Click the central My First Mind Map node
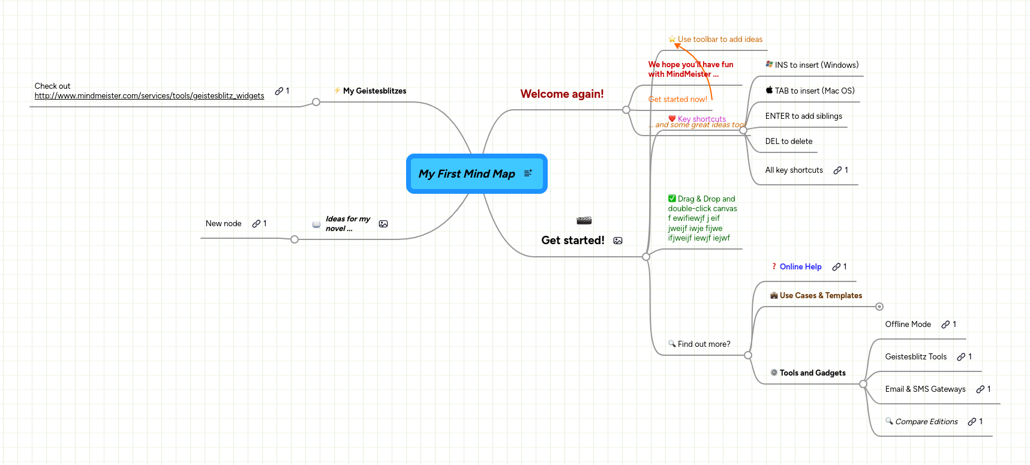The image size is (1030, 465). point(467,174)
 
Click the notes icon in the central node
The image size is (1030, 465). point(528,173)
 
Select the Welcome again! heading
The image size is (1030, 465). point(561,94)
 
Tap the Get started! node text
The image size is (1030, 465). point(572,241)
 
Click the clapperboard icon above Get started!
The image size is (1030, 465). point(584,221)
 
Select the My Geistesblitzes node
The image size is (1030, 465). point(374,91)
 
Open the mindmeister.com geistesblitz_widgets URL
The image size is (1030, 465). point(149,96)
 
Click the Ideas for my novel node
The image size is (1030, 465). point(347,224)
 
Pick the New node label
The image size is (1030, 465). point(223,224)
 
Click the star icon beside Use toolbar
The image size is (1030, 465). point(672,40)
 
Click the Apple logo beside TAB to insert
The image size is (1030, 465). point(769,91)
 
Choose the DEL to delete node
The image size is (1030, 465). point(788,142)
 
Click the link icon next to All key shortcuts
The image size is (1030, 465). point(837,170)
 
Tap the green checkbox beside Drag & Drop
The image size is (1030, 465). point(672,199)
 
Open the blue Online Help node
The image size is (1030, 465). point(800,267)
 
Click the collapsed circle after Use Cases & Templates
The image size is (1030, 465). point(879,307)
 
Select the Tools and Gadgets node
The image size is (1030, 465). point(812,373)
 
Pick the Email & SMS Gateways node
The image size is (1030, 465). point(925,389)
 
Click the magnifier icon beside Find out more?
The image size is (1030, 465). point(672,344)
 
